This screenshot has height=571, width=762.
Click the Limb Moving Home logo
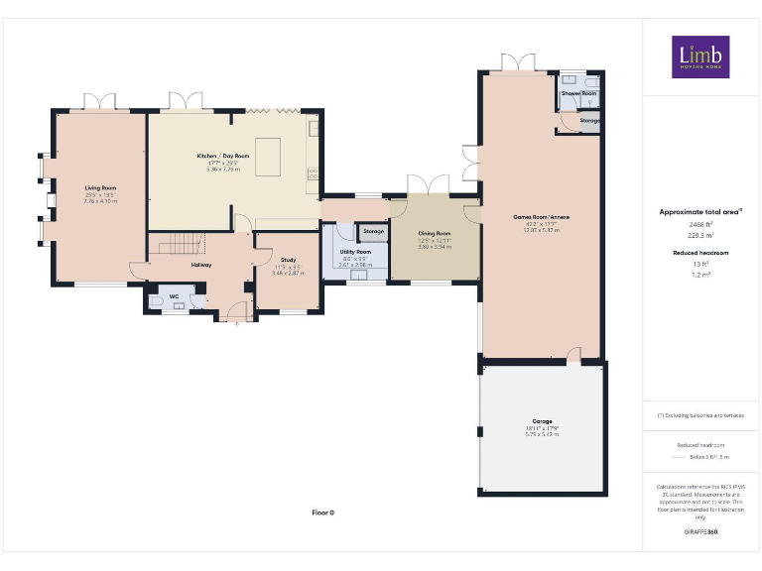[x=700, y=57]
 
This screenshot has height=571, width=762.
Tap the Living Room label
[x=100, y=188]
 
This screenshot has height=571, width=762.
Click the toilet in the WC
[x=158, y=299]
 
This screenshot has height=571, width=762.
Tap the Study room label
[x=288, y=261]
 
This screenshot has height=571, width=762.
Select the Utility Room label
[x=354, y=253]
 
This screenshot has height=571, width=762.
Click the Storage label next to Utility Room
[x=373, y=232]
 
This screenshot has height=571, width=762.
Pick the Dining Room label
[x=434, y=234]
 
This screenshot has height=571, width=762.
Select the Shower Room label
[x=578, y=93]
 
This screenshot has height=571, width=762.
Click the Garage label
[x=541, y=421]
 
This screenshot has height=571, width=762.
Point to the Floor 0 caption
[x=323, y=513]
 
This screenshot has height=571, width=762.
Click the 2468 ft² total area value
[x=700, y=225]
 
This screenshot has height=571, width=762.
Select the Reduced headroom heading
[x=700, y=254]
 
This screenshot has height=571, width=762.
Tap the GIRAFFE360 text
[x=700, y=533]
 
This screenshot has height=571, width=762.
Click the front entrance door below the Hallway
[x=234, y=315]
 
